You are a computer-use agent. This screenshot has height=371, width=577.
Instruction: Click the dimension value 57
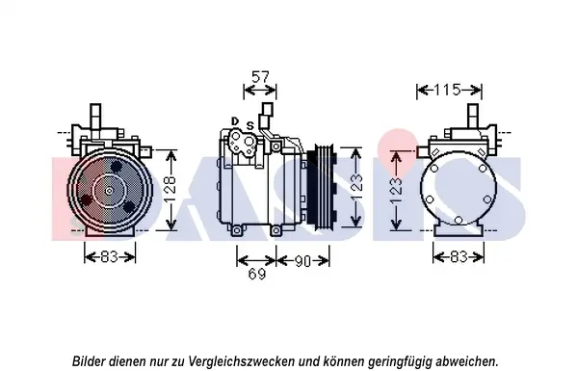pyautogui.click(x=260, y=77)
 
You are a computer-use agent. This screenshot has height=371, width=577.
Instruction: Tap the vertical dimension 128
pyautogui.click(x=170, y=190)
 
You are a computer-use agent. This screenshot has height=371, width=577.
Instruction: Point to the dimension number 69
pyautogui.click(x=256, y=274)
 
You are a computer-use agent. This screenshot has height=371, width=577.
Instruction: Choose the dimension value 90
pyautogui.click(x=302, y=261)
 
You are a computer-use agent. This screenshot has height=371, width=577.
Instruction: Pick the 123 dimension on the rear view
pyautogui.click(x=396, y=191)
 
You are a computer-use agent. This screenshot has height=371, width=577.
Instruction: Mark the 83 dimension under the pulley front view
pyautogui.click(x=109, y=256)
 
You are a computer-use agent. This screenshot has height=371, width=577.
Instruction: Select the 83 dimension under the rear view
pyautogui.click(x=459, y=256)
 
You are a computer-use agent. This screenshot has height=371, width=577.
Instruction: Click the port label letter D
pyautogui.click(x=235, y=121)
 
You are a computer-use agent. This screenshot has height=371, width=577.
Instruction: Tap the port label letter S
pyautogui.click(x=250, y=126)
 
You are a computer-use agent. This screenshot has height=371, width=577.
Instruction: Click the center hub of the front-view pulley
pyautogui.click(x=109, y=190)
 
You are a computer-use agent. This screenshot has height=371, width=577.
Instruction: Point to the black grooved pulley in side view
pyautogui.click(x=321, y=189)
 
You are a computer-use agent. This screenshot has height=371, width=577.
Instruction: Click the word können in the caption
pyautogui.click(x=342, y=360)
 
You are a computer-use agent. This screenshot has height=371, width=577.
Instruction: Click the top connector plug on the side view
pyautogui.click(x=267, y=109)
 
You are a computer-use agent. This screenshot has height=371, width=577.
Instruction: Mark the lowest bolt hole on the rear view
pyautogui.click(x=459, y=220)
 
